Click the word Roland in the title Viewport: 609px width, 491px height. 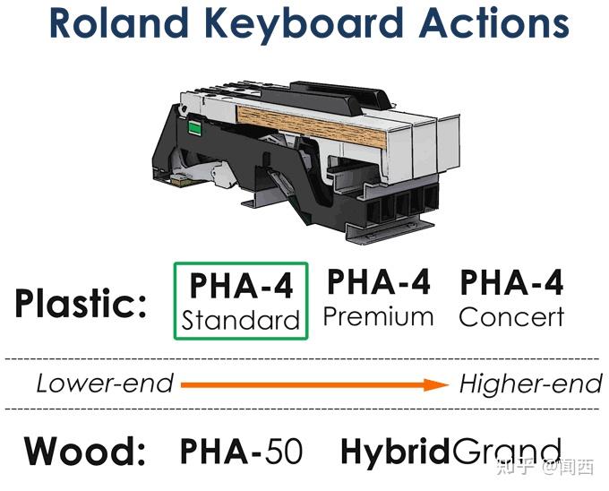tap(119, 22)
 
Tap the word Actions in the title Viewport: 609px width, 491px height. tap(493, 22)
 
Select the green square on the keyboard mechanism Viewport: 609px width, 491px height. tap(194, 128)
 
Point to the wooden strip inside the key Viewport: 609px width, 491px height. tap(311, 126)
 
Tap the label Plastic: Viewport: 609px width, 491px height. tap(81, 304)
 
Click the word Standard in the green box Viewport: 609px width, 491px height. tap(240, 321)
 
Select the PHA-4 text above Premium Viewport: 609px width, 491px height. tap(378, 282)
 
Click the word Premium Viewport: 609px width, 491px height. tap(378, 317)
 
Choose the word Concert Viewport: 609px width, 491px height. tap(511, 317)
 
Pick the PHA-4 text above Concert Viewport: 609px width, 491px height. tap(511, 282)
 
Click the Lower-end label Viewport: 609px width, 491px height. tap(105, 383)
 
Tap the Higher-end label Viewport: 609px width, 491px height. tap(530, 383)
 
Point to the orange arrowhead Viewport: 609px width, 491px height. tap(436, 384)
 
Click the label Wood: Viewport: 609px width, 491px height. tap(85, 451)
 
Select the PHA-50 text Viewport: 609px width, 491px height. tap(241, 451)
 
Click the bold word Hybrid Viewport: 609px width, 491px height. tap(395, 451)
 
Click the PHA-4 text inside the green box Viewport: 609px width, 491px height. tap(241, 286)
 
